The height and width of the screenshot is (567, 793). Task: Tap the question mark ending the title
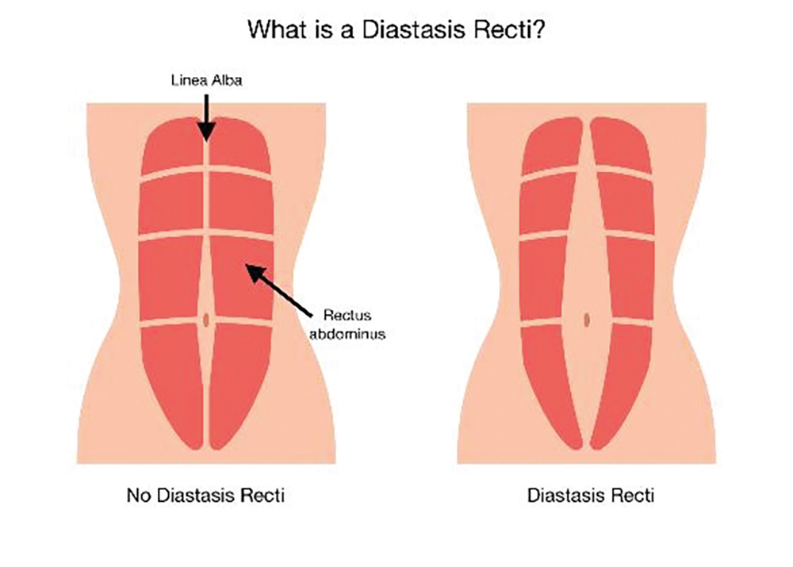tap(538, 30)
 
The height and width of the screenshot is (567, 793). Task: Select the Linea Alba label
tap(206, 80)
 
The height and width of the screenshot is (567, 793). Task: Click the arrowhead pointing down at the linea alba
tap(206, 132)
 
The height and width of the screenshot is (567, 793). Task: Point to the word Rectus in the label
tap(347, 316)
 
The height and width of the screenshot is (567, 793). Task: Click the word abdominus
tap(347, 334)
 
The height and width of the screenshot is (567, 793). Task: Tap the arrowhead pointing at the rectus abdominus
tap(255, 273)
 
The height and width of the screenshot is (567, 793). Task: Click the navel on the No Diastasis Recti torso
tap(206, 320)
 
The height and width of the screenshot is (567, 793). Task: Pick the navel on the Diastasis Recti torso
tap(587, 320)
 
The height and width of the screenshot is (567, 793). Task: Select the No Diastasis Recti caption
tap(205, 495)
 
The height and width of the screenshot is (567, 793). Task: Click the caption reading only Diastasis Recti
tap(591, 495)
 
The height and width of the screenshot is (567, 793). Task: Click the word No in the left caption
tap(139, 495)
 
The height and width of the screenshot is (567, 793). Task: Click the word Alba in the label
tap(227, 80)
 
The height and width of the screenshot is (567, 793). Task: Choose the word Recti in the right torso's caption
tap(634, 495)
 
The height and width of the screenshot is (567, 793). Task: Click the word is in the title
tap(324, 30)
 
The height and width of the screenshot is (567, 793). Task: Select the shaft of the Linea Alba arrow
tap(206, 109)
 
